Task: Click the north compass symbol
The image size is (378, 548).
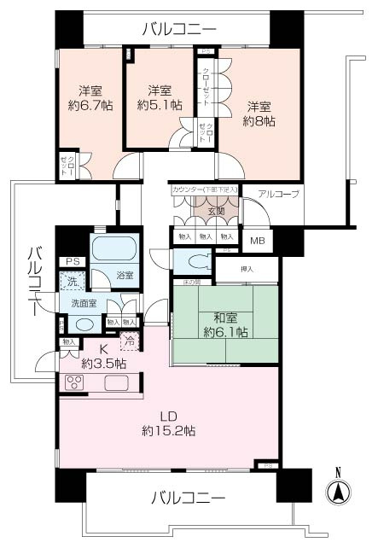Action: pyautogui.click(x=338, y=493)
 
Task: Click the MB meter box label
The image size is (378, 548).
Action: pyautogui.click(x=257, y=241)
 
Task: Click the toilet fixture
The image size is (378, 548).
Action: pyautogui.click(x=195, y=261)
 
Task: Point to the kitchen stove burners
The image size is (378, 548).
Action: pyautogui.click(x=73, y=383)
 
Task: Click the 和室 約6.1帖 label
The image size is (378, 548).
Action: pyautogui.click(x=224, y=325)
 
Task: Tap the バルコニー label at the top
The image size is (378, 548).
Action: pyautogui.click(x=180, y=30)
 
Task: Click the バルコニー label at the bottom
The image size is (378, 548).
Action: pyautogui.click(x=189, y=497)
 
